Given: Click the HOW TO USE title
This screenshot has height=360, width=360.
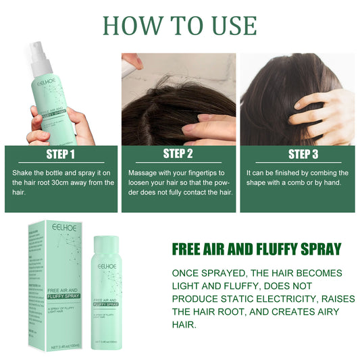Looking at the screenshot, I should (x=180, y=25).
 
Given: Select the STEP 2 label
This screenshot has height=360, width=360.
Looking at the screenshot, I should (x=178, y=154).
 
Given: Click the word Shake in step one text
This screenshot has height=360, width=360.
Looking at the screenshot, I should (x=24, y=173).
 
